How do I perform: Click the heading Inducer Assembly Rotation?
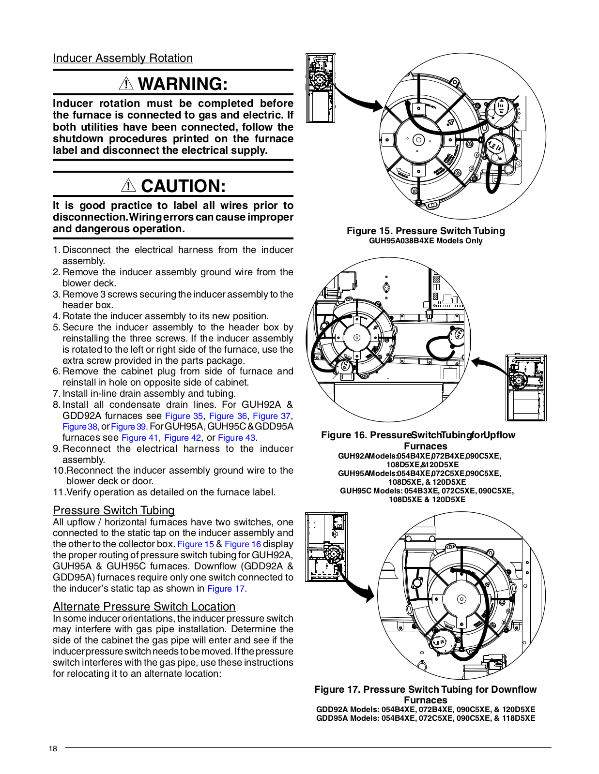click(x=123, y=58)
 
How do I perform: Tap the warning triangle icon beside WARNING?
click(x=126, y=84)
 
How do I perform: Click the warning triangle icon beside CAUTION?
click(x=128, y=185)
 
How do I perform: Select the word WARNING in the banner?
click(x=183, y=84)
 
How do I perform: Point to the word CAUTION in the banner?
click(x=184, y=186)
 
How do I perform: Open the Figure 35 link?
click(x=184, y=416)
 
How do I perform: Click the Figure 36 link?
click(x=228, y=416)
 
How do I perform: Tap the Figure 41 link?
click(x=140, y=438)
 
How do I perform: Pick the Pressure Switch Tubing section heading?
click(x=114, y=510)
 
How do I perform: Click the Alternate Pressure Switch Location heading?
click(x=144, y=607)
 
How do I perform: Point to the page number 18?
click(x=53, y=749)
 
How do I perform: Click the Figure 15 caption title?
click(x=426, y=231)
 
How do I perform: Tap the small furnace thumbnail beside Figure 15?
click(x=320, y=88)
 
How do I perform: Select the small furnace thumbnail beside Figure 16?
click(x=526, y=387)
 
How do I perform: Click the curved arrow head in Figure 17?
click(x=370, y=593)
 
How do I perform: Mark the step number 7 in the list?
click(x=56, y=394)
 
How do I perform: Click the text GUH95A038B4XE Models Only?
click(x=426, y=240)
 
